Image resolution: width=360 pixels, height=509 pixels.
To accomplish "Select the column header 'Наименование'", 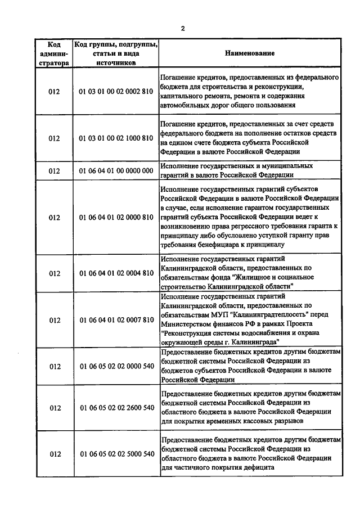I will click(x=250, y=54).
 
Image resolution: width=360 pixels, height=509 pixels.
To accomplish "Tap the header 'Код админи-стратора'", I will click(x=54, y=54).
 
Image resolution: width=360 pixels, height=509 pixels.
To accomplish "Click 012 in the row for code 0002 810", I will click(x=54, y=91).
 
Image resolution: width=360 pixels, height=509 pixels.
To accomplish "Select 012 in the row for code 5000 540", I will click(x=54, y=454).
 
